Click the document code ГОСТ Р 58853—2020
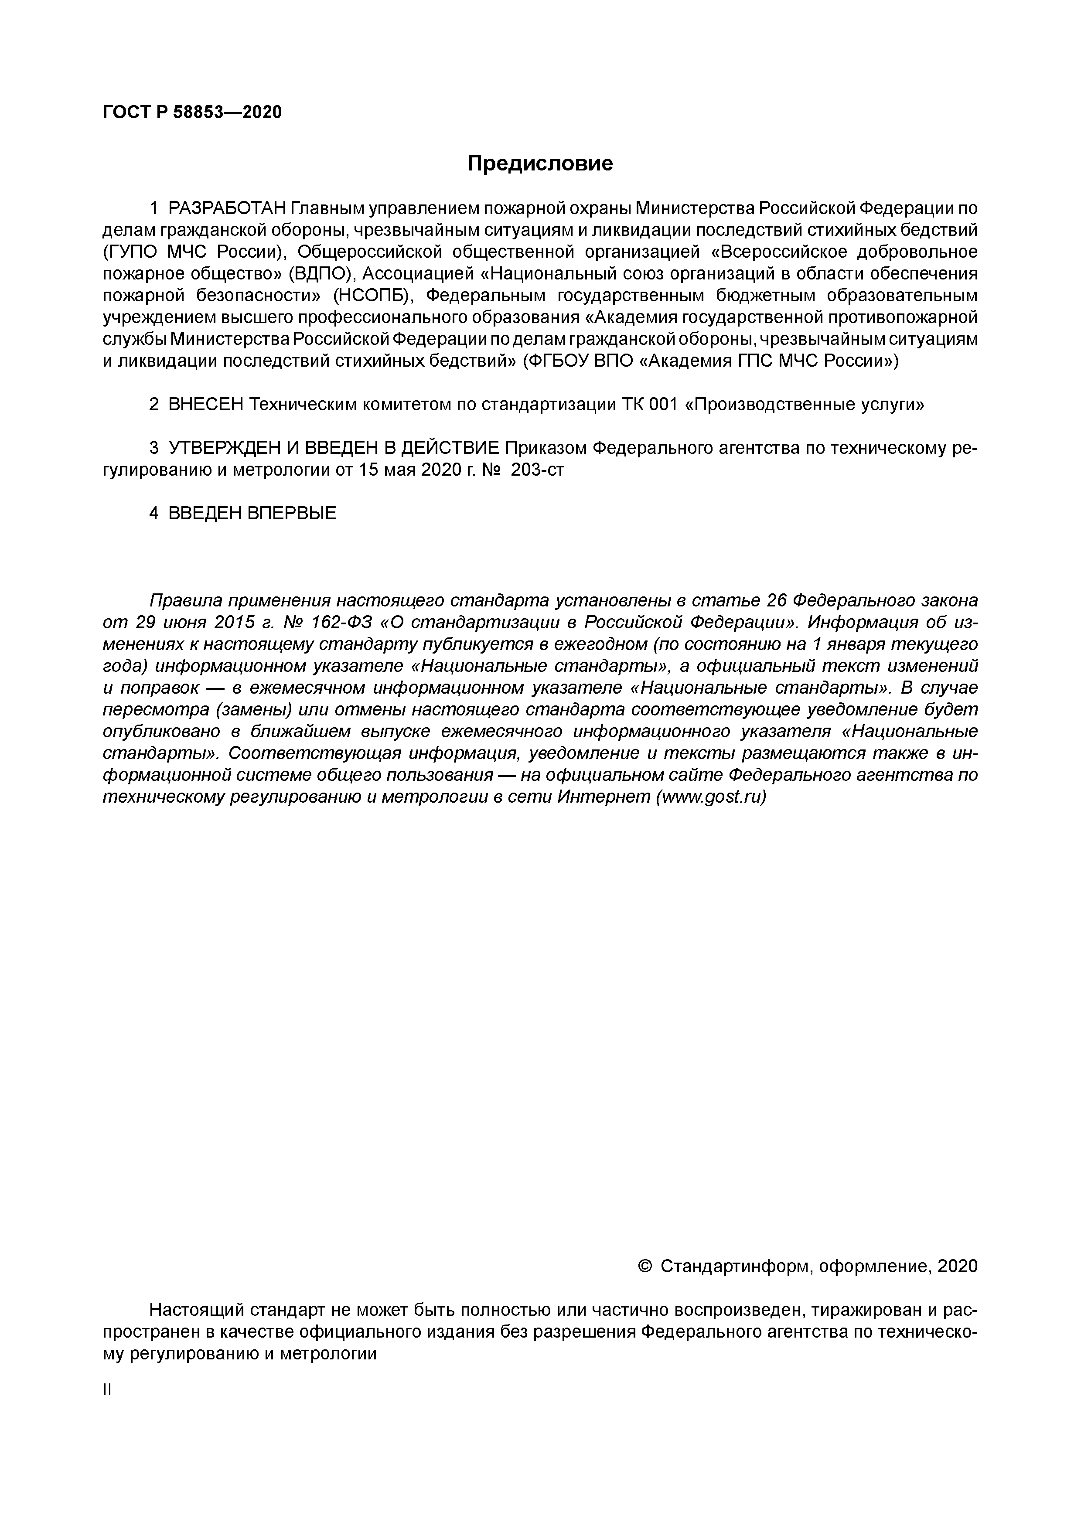[x=192, y=112]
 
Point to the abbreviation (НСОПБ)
[x=370, y=295]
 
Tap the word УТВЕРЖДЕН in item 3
[x=217, y=448]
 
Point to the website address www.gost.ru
[x=711, y=797]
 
